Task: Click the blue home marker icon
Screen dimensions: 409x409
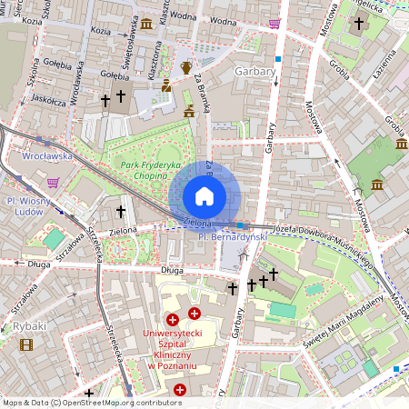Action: (x=204, y=195)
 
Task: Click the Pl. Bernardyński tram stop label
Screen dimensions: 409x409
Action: (x=234, y=236)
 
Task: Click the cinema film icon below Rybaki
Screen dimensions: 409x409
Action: (x=25, y=344)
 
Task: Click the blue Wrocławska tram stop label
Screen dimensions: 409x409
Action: (x=46, y=155)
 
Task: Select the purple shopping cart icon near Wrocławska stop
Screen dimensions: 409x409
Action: (x=54, y=182)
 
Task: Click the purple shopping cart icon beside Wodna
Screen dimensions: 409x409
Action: (x=274, y=24)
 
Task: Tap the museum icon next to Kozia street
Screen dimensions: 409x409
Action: (x=146, y=23)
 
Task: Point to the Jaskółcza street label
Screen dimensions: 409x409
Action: (x=48, y=101)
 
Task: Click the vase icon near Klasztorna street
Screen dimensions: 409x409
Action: (x=186, y=66)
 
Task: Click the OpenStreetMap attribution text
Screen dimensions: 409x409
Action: (x=92, y=402)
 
